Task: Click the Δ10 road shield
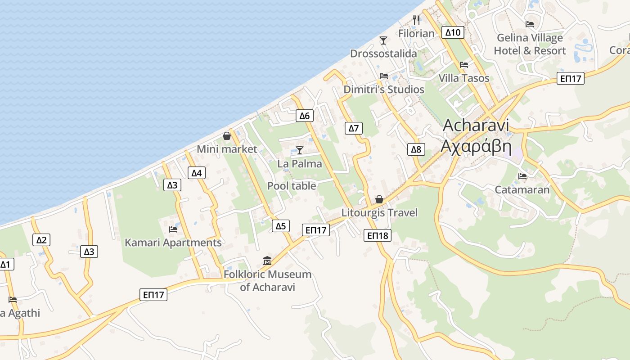pos(453,32)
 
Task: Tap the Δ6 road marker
pos(305,116)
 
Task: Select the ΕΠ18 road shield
pos(378,235)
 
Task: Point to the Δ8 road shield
pos(416,149)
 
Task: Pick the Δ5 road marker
pos(280,226)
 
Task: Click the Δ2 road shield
pos(41,240)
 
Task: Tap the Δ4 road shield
pos(197,173)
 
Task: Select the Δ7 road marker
pos(354,128)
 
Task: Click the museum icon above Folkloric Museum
pos(268,261)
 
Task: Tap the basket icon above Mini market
pos(227,136)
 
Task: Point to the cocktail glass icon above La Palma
pos(300,150)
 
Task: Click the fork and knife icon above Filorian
pos(416,20)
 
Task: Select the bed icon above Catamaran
pos(522,176)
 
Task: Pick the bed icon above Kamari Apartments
pos(173,229)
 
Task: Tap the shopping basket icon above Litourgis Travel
pos(379,199)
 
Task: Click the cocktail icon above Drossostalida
pos(383,40)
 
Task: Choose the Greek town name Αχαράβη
pos(476,146)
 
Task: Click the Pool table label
pos(292,186)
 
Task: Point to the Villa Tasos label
pos(464,78)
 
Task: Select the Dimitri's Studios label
pos(384,90)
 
